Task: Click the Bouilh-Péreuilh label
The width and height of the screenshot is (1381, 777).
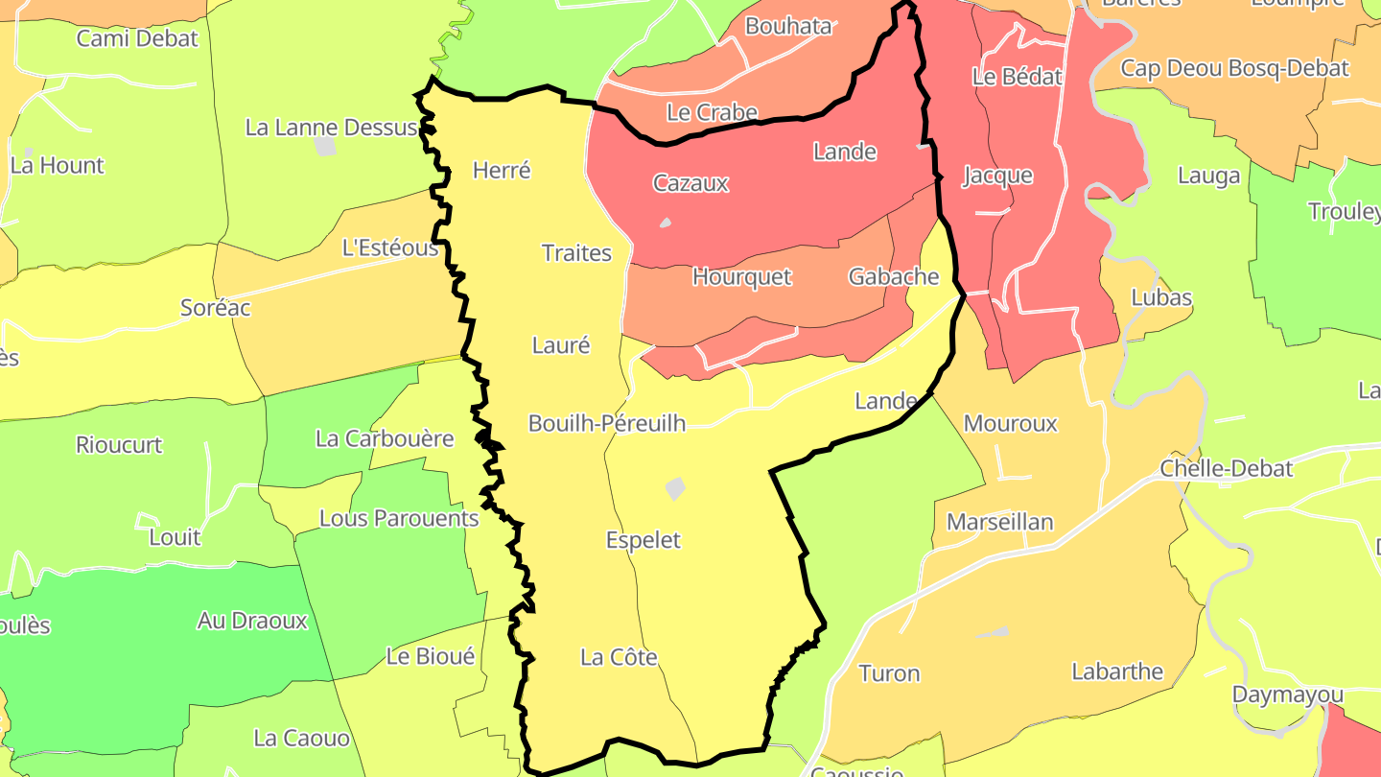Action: point(607,423)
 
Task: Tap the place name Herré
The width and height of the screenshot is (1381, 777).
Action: point(502,171)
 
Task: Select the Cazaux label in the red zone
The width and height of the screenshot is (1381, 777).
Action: point(690,183)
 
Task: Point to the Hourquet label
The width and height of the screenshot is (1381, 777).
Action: point(741,277)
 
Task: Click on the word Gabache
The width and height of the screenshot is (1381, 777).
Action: point(893,277)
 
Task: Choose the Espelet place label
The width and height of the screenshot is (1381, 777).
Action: point(643,540)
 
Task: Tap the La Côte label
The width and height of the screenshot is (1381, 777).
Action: point(619,657)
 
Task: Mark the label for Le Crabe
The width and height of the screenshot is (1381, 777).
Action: point(712,113)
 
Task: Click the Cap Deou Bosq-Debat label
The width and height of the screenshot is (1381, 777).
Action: point(1234,68)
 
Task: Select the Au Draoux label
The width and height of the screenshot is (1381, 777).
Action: point(252,621)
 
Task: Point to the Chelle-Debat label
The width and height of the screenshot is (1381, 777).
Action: point(1226,469)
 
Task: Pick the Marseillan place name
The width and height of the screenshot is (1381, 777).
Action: point(999,522)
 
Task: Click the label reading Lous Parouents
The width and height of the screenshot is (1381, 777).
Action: point(398,519)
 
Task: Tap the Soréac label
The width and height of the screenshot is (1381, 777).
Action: point(215,308)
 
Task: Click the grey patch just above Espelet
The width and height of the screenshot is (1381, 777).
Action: point(675,489)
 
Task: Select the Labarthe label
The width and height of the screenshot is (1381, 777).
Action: point(1116,671)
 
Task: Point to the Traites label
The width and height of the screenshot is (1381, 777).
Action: point(576,253)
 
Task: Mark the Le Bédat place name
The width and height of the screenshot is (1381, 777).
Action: point(1017,78)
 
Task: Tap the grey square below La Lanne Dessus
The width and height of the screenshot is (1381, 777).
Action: point(325,146)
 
